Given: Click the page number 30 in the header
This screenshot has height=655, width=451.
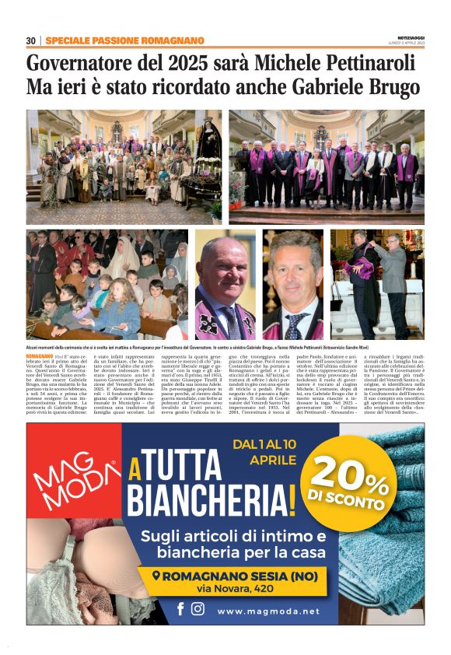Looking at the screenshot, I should coord(31,40).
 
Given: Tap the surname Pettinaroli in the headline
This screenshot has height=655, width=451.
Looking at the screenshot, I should coord(367,62).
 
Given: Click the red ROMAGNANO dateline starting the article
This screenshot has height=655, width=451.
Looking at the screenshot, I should coord(40,355).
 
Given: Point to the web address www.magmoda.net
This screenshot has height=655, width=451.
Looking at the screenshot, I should coord(268,611).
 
